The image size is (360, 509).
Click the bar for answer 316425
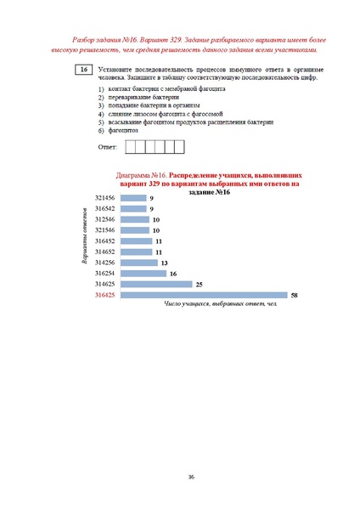[204, 295]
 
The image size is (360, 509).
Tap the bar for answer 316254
[143, 274]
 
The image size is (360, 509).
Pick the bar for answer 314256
[139, 263]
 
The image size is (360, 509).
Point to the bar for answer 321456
[133, 198]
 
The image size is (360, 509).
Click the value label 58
[294, 295]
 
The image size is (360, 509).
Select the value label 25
[199, 284]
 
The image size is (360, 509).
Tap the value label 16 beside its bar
[172, 274]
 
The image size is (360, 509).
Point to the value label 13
[165, 263]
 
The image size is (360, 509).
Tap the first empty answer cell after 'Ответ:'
[132, 146]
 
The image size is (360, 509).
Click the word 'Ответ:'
[109, 147]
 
